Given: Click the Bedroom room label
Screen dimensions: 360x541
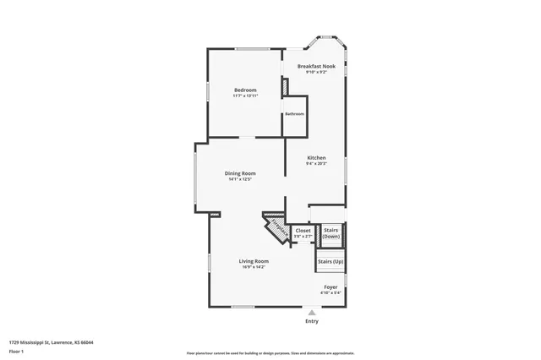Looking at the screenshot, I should coord(245,90).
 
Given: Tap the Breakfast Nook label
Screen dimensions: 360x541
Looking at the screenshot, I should coord(316,66).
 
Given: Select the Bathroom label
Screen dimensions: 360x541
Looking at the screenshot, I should coord(294,114).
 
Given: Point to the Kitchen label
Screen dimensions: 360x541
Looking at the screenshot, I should coord(316,158).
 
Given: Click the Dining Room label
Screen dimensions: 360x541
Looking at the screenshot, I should coord(240,173).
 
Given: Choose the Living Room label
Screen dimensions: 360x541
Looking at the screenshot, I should coord(254,261).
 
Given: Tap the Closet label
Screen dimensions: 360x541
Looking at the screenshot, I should coord(303,231).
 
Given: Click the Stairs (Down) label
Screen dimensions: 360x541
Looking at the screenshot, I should coord(331,233).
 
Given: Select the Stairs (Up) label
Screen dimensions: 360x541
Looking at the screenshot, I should coord(331,262).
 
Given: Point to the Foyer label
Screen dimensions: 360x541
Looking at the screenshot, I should coord(331,286).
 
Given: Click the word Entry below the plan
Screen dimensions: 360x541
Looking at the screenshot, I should coord(312,322).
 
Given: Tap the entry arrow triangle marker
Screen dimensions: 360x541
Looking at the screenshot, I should coord(312,313).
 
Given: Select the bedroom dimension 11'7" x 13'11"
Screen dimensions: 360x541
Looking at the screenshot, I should coord(245,95).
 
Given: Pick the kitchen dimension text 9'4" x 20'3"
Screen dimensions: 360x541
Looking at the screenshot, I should coord(316,163).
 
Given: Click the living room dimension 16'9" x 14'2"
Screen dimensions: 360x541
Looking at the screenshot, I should coord(254,267).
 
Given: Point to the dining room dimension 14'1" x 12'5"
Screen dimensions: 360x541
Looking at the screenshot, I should coord(240,179).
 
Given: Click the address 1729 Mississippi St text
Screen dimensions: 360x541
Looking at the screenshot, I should coord(51,342).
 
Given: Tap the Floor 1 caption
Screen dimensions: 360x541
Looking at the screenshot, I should coord(15,351).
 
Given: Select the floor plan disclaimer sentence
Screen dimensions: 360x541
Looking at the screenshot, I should coord(270,352).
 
